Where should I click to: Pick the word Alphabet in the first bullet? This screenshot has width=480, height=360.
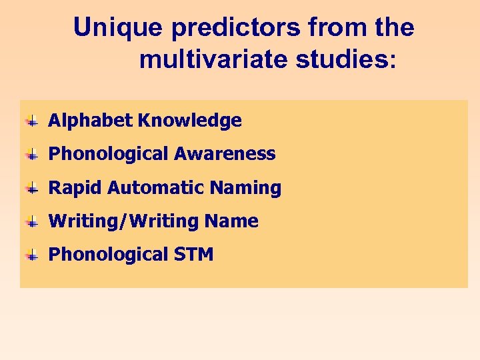point(90,121)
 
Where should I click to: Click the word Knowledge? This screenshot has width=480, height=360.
point(189,121)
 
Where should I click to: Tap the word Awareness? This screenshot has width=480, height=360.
point(225,154)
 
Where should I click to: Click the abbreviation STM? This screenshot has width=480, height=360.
point(193,255)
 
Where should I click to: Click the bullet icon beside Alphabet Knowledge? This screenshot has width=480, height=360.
point(31,121)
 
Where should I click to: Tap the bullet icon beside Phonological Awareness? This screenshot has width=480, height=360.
point(31,155)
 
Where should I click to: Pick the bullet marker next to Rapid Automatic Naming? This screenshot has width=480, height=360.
point(31,189)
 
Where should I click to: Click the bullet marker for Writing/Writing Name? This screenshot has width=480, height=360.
point(31,222)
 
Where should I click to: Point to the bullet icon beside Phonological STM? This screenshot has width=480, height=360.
point(31,255)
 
